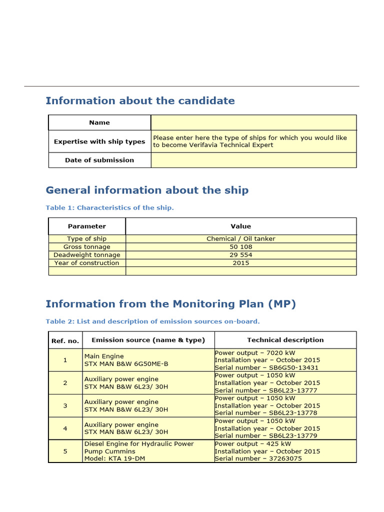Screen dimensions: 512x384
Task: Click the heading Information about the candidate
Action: click(x=140, y=101)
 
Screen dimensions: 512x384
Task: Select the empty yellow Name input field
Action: click(x=253, y=122)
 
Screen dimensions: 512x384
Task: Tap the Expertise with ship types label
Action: click(x=99, y=141)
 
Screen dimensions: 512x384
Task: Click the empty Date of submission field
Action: click(x=253, y=160)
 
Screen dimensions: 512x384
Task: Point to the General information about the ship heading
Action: click(x=147, y=190)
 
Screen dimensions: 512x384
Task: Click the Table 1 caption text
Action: click(x=109, y=208)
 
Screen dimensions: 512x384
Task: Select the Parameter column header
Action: click(x=87, y=226)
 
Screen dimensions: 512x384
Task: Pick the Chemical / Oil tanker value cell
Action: click(x=241, y=239)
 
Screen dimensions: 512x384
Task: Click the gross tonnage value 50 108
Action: click(x=241, y=247)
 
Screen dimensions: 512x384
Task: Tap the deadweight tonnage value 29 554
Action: click(x=241, y=255)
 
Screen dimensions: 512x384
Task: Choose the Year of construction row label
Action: click(x=87, y=263)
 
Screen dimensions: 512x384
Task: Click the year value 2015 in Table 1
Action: click(x=241, y=263)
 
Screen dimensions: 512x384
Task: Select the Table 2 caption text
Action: click(x=152, y=321)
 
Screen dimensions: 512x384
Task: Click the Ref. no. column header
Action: click(x=65, y=340)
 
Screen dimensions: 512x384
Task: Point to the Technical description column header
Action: click(x=285, y=340)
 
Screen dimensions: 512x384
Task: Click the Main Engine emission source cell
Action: click(x=126, y=360)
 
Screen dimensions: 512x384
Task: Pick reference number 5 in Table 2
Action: click(x=65, y=451)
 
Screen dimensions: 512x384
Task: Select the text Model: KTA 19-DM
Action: click(x=114, y=458)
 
